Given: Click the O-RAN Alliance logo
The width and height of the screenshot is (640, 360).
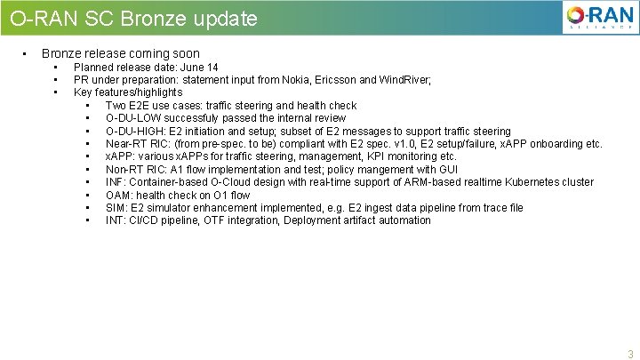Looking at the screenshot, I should click(601, 17).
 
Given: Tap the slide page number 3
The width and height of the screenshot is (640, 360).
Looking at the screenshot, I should click(630, 353).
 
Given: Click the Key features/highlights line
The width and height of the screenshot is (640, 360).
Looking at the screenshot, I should click(128, 92).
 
